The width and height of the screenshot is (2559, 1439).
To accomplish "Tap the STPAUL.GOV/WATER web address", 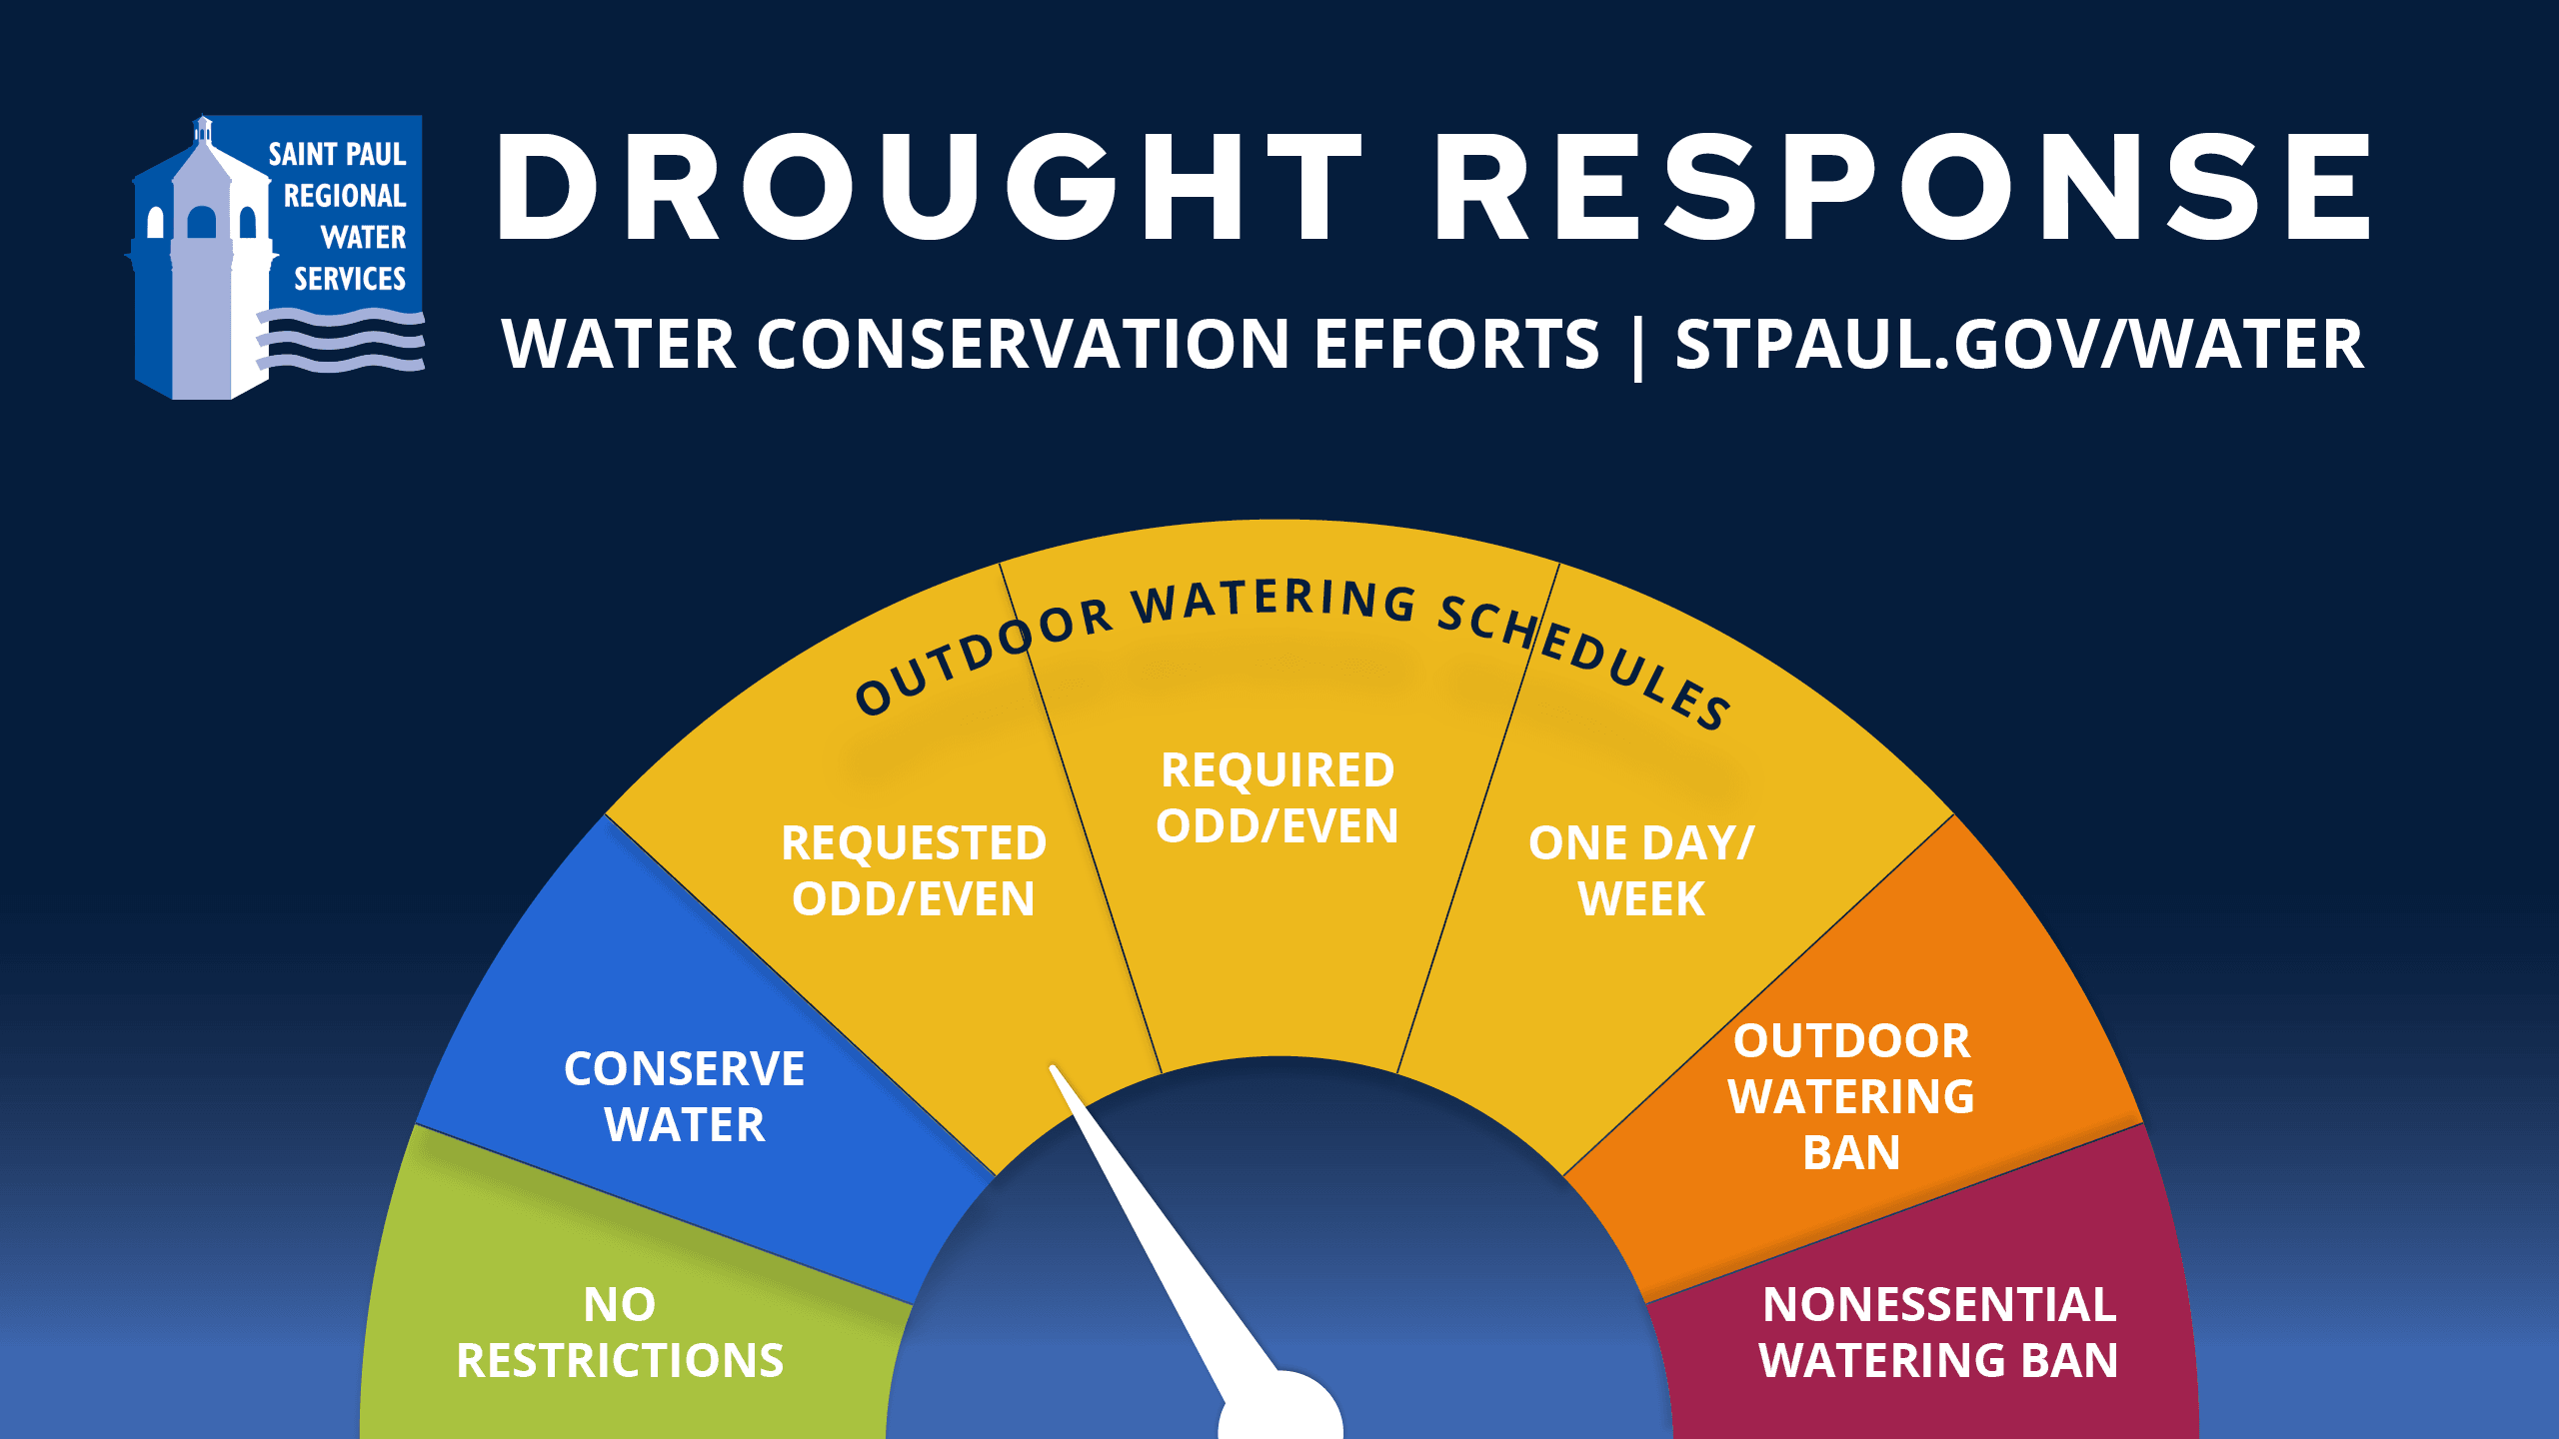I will click(x=2019, y=345).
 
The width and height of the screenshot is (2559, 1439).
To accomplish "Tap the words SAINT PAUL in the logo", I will click(x=337, y=154).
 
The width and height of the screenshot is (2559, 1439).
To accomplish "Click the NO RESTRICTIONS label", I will click(x=620, y=1332).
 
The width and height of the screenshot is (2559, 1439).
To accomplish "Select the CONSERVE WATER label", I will click(x=685, y=1096).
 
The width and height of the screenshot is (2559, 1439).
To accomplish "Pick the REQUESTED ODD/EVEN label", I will click(x=914, y=870).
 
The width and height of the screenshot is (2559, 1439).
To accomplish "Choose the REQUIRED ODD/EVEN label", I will click(x=1278, y=797).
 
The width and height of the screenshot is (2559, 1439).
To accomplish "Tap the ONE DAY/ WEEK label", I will click(x=1641, y=870).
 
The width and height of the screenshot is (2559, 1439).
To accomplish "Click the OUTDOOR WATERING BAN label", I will click(x=1851, y=1096).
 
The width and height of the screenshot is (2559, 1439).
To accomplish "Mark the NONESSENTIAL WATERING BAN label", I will click(x=1938, y=1332).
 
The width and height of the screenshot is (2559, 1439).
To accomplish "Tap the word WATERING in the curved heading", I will click(x=1275, y=601).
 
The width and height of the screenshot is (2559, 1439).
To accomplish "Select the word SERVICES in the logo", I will click(x=350, y=279).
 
